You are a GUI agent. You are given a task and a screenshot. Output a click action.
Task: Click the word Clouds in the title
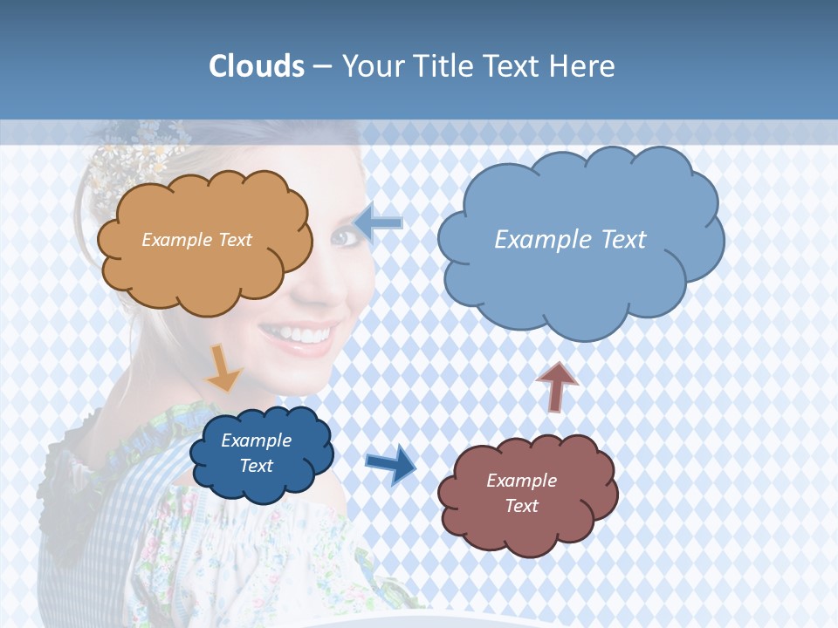click(x=257, y=66)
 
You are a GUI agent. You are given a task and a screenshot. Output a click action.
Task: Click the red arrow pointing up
click(x=558, y=385)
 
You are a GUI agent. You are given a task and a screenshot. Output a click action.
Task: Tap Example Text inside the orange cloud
click(x=196, y=240)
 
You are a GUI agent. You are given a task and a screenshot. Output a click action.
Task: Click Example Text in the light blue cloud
click(x=570, y=240)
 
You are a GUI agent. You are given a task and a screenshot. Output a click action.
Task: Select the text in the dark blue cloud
click(x=257, y=453)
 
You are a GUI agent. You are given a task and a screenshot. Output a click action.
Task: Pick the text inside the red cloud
click(x=521, y=493)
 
